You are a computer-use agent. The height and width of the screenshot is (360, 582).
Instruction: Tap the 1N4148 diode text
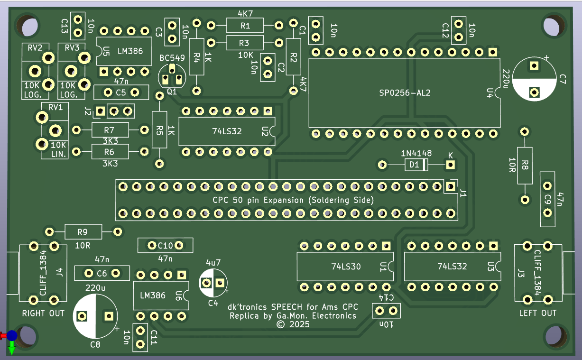tap(416, 154)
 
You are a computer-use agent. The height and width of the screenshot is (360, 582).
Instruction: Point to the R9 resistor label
tap(83, 232)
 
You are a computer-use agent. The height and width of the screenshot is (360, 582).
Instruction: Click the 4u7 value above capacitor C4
tap(213, 262)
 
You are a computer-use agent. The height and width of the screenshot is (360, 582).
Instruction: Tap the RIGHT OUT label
tap(43, 313)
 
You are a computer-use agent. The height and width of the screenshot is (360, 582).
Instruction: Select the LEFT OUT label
tap(537, 313)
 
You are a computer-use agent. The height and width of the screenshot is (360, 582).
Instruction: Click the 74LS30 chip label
tap(346, 267)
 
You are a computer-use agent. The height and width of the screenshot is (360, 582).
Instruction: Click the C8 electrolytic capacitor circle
tap(95, 315)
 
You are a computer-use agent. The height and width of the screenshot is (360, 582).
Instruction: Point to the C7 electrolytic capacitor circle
tap(535, 79)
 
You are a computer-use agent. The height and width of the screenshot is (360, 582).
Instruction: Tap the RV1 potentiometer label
tap(56, 107)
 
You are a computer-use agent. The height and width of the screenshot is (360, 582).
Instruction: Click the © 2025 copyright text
tap(293, 324)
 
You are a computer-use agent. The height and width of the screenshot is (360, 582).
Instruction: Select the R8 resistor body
tap(525, 166)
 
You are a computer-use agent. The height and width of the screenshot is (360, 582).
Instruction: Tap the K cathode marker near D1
tap(450, 155)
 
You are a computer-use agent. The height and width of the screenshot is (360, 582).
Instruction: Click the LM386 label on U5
tap(129, 51)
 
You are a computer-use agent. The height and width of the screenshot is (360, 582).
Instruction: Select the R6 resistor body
tap(110, 152)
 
